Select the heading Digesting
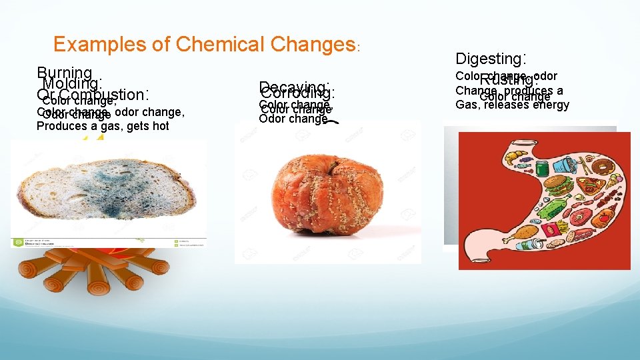pyautogui.click(x=490, y=59)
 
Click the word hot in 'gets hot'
pyautogui.click(x=159, y=126)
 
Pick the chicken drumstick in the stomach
pyautogui.click(x=513, y=233)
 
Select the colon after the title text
pyautogui.click(x=359, y=48)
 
